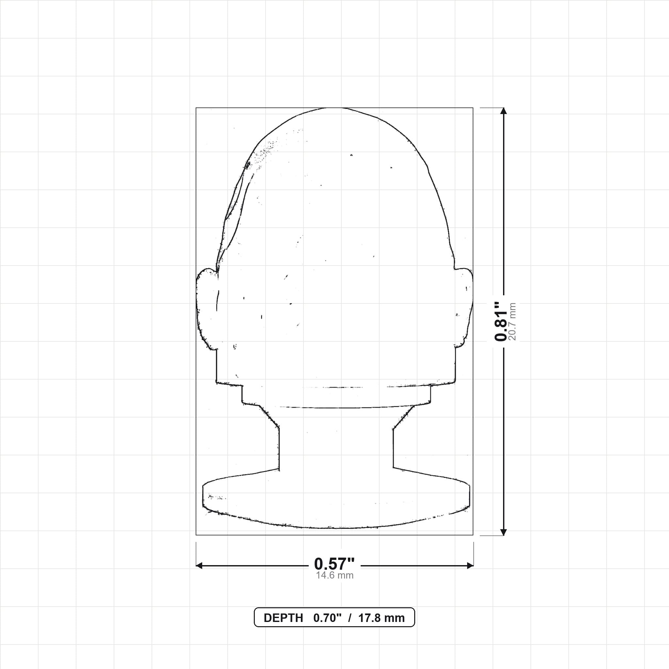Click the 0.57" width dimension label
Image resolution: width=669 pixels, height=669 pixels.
point(334,564)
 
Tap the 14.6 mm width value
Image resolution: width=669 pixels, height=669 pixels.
point(334,575)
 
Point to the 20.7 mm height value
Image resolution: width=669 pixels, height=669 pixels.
point(513,322)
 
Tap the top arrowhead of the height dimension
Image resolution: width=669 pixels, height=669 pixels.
point(504,111)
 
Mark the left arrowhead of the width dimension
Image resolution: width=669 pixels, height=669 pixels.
point(200,566)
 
